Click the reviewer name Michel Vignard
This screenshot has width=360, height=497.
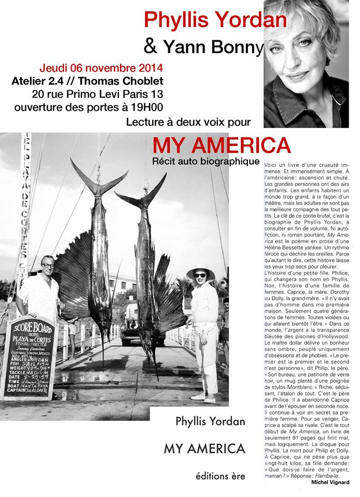330,483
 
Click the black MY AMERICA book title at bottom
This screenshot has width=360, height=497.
204,449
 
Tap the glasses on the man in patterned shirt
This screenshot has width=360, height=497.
47,266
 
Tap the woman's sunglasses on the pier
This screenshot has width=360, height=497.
199,275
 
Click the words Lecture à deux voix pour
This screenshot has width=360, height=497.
188,122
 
